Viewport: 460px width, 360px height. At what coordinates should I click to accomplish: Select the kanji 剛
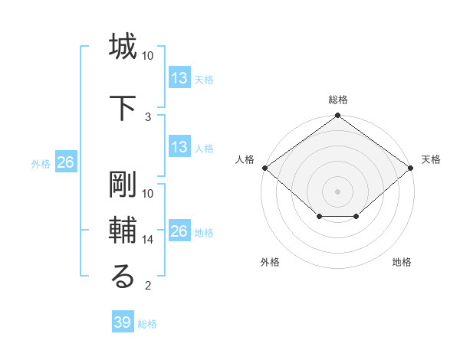(x=123, y=182)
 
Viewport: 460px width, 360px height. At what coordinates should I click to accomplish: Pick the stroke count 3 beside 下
(x=148, y=116)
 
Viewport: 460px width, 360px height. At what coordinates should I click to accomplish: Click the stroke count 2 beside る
(x=148, y=286)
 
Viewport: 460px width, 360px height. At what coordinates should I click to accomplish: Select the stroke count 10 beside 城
(x=148, y=56)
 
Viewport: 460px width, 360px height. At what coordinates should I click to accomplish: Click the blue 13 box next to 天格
(x=179, y=78)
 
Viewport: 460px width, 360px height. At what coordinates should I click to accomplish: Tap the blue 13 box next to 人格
(x=179, y=147)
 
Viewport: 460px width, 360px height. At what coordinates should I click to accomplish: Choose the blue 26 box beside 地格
(x=179, y=231)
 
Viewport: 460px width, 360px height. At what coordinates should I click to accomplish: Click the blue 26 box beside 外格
(x=65, y=162)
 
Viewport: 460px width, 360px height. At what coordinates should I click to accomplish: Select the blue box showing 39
(x=122, y=322)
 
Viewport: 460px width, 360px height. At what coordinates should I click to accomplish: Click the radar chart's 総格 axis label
(x=337, y=100)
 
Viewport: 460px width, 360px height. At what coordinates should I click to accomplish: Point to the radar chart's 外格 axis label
(x=270, y=262)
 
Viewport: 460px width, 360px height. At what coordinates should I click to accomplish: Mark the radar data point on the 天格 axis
(x=412, y=168)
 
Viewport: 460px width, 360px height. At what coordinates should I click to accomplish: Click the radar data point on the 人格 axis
(x=264, y=168)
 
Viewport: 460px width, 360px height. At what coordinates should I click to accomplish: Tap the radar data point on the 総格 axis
(x=337, y=116)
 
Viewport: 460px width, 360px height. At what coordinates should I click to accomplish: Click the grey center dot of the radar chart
(x=337, y=191)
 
